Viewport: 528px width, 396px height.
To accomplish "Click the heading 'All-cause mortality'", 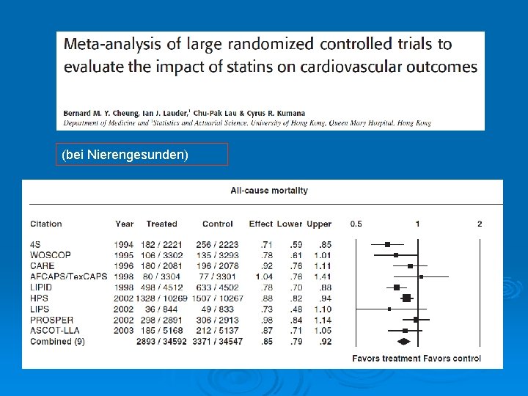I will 269,191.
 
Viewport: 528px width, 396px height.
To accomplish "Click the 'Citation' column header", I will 45,224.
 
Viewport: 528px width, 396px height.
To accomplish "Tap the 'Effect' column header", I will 260,224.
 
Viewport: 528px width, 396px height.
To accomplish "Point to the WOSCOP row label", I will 51,255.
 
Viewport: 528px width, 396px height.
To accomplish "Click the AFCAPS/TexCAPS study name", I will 68,276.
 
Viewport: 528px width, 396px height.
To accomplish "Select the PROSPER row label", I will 51,320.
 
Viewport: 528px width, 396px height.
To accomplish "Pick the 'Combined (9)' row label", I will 57,342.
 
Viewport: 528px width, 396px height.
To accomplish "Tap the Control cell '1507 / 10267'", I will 217,298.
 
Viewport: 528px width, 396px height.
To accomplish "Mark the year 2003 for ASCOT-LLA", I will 124,331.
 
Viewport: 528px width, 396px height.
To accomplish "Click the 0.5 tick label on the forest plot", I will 356,224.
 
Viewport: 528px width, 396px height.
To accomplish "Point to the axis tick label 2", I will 480,224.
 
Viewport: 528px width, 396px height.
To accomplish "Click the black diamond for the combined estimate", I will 403,342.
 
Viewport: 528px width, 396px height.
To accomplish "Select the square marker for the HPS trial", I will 406,298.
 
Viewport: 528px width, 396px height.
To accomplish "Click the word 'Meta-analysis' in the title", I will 109,44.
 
